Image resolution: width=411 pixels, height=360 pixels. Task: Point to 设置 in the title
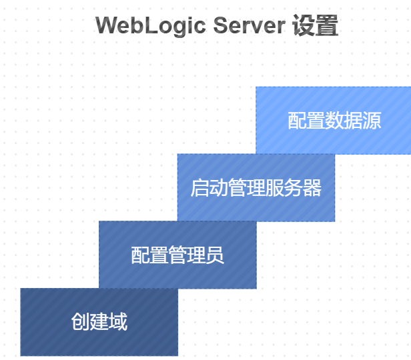click(316, 26)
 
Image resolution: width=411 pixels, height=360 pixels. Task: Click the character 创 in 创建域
click(80, 322)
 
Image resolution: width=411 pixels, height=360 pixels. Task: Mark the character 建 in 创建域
click(99, 322)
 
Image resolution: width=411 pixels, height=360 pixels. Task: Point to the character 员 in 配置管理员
click(215, 255)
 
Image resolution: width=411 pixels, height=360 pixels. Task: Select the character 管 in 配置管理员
click(177, 255)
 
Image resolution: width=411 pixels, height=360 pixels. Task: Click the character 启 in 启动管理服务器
click(200, 187)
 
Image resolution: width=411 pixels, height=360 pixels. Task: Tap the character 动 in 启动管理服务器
click(219, 187)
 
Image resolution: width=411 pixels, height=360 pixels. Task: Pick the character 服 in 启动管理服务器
click(275, 187)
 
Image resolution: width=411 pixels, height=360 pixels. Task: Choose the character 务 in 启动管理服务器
click(294, 187)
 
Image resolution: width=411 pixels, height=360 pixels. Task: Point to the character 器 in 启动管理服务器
click(312, 187)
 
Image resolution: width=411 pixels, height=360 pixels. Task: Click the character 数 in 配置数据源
click(334, 120)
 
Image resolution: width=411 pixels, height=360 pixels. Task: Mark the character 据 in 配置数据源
click(353, 120)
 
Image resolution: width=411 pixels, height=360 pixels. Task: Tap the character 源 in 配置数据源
click(372, 120)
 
